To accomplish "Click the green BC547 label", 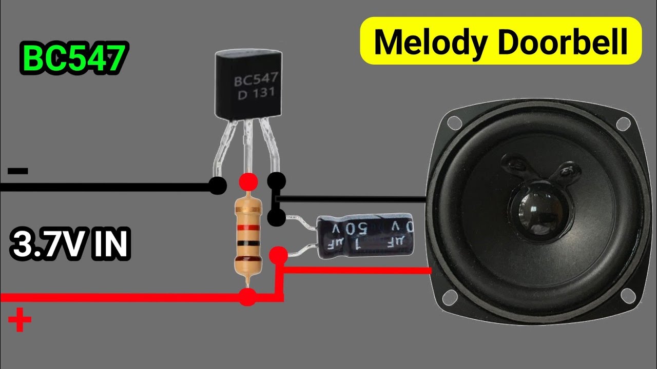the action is (x=73, y=59).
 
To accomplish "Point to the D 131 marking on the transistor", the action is (x=256, y=94).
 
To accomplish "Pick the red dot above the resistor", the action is (x=248, y=182).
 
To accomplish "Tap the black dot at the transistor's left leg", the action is (x=217, y=186).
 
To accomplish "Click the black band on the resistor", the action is (x=248, y=243).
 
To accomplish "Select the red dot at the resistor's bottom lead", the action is (x=247, y=297).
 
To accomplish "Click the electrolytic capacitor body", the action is (x=365, y=235).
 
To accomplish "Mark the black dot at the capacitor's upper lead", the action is (x=276, y=217).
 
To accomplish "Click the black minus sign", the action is (x=18, y=171).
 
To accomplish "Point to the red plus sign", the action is (x=20, y=319).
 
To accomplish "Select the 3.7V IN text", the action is (x=70, y=244).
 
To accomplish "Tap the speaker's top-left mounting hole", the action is (x=454, y=122).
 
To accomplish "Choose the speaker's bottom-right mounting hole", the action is (x=626, y=296).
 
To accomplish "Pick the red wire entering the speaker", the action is (x=357, y=270).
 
